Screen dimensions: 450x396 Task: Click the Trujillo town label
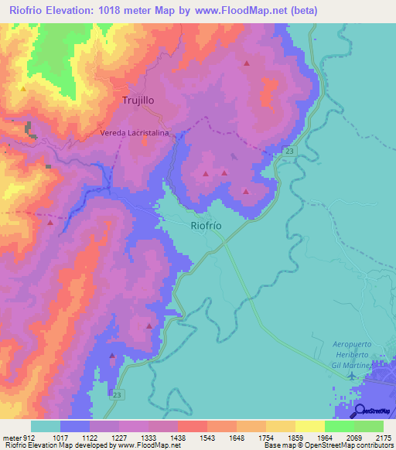[x=139, y=101]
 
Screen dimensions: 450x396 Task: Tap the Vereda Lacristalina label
[x=135, y=134]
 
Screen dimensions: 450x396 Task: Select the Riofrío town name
[x=207, y=226]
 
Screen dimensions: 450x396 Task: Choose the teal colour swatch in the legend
[x=46, y=426]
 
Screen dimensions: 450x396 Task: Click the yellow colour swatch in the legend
[x=309, y=426]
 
